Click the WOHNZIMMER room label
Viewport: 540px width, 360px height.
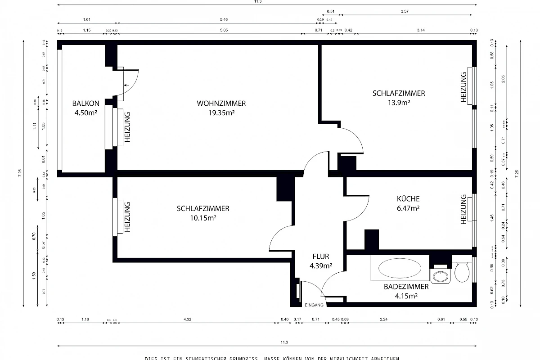221,103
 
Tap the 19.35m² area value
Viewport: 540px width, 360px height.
221,112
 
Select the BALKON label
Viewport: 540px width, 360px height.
85,103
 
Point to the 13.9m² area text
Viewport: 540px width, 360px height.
398,103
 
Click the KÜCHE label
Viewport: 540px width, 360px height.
408,198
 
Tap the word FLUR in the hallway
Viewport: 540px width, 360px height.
321,256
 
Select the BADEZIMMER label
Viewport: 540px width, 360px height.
406,286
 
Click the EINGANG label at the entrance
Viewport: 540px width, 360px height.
314,305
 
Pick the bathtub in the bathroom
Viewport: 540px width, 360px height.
400,269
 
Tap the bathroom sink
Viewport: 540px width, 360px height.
440,275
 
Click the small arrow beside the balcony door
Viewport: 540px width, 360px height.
126,85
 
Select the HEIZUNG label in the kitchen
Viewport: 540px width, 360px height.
463,209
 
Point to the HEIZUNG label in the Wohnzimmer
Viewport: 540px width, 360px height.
127,127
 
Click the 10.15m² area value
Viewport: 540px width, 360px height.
203,218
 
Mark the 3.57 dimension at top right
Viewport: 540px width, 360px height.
407,11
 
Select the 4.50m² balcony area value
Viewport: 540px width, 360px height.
86,112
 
